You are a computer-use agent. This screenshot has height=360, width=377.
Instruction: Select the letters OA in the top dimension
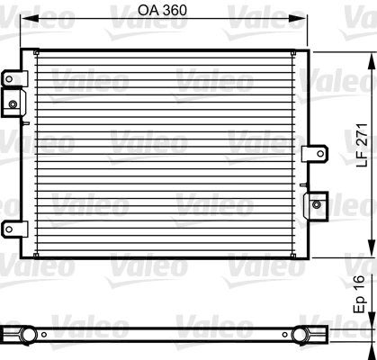pyautogui.click(x=150, y=12)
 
